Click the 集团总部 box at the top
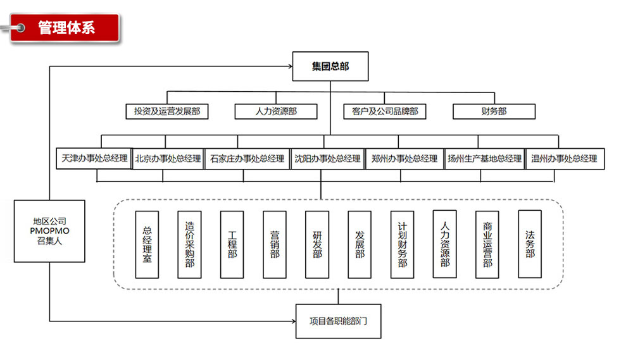330,66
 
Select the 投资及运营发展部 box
167,111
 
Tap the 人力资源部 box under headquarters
276,111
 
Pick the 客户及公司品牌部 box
385,111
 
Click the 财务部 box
494,111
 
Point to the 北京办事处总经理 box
168,159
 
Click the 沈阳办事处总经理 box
327,159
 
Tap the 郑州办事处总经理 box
404,159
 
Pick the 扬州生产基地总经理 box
484,159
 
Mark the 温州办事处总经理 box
565,159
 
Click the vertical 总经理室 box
147,244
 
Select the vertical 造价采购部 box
190,244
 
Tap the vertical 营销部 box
275,244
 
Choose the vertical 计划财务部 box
403,244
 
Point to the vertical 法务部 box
530,244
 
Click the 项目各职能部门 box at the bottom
338,321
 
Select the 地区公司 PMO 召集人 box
49,231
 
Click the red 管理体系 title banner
66,28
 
